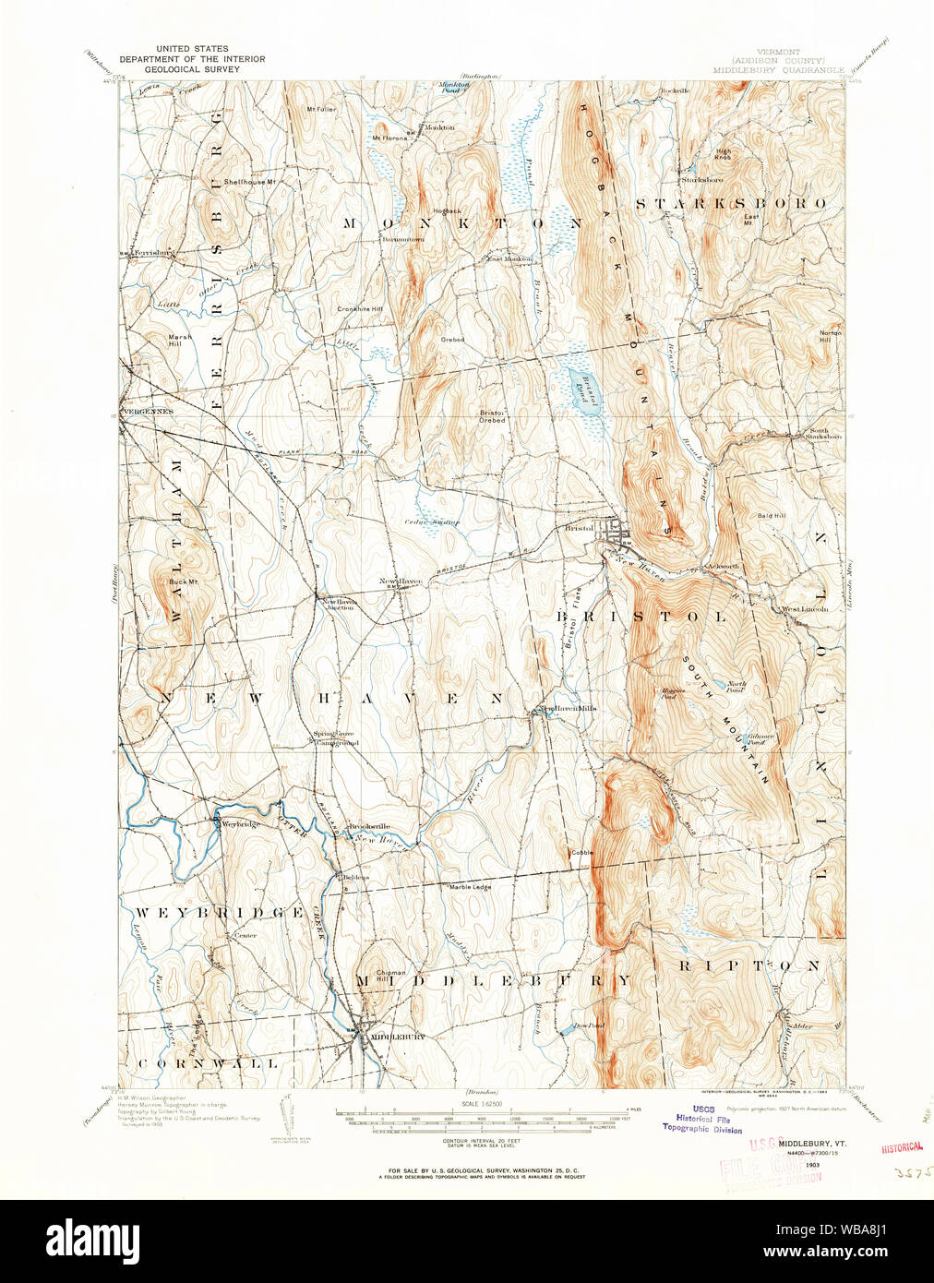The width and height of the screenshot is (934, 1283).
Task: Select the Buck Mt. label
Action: coord(182,582)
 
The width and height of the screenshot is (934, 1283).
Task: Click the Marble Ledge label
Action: coord(470,886)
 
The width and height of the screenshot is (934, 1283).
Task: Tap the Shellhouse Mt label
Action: coord(249,182)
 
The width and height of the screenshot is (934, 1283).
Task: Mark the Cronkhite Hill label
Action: coord(359,309)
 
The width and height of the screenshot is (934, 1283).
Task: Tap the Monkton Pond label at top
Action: coord(454,88)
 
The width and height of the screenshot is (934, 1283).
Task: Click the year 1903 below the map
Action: coord(813,1165)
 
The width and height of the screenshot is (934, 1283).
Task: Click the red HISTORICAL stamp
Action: coord(901,1146)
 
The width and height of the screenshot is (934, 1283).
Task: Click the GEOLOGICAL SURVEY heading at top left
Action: coord(192,69)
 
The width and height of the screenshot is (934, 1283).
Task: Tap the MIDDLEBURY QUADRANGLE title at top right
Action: coord(778,69)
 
